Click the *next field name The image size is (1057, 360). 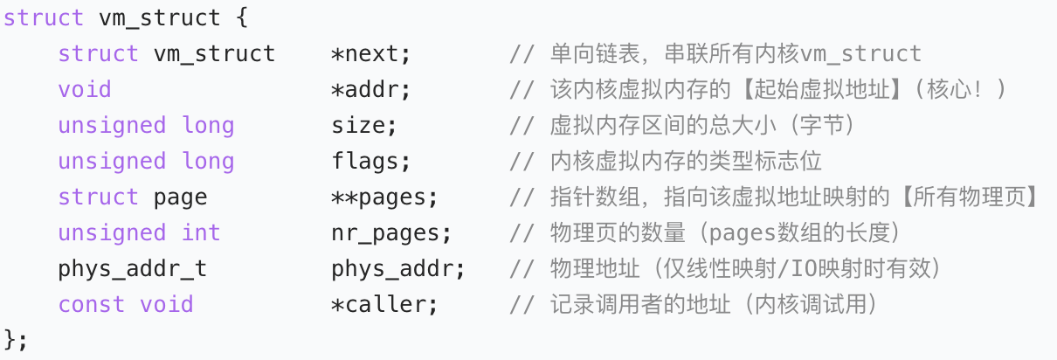tap(370, 54)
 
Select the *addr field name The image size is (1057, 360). tap(370, 90)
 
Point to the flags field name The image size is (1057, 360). tap(370, 162)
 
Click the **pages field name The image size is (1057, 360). tap(384, 197)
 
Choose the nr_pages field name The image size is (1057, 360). tap(391, 233)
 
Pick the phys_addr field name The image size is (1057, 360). tap(398, 269)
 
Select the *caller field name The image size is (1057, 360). tap(384, 305)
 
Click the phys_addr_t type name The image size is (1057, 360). tap(133, 269)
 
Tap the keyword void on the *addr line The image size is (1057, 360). tap(85, 90)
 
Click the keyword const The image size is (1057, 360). tap(91, 305)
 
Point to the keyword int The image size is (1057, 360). tap(201, 233)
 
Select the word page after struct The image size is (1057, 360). tap(181, 197)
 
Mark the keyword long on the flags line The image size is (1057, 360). tap(208, 162)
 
